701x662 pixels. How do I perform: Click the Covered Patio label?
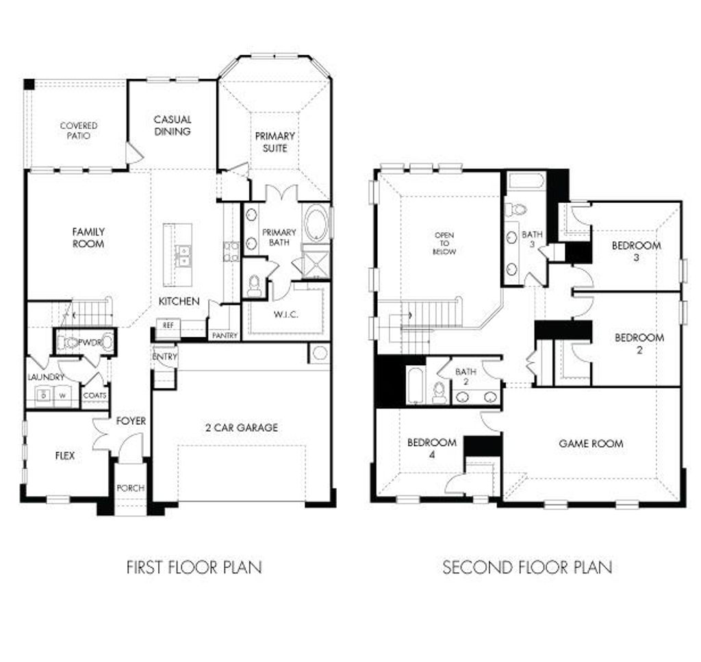pyautogui.click(x=79, y=130)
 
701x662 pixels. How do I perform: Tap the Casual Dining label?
pyautogui.click(x=173, y=125)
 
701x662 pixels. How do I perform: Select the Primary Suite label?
pyautogui.click(x=275, y=142)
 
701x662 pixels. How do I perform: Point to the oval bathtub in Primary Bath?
pyautogui.click(x=316, y=223)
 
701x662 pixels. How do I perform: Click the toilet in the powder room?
pyautogui.click(x=68, y=342)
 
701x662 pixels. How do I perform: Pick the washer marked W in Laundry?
pyautogui.click(x=60, y=395)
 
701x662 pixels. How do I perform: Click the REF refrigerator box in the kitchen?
pyautogui.click(x=167, y=326)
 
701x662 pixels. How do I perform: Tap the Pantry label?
pyautogui.click(x=224, y=336)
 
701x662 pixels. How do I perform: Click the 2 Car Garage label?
pyautogui.click(x=242, y=428)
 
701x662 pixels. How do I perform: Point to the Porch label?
pyautogui.click(x=130, y=488)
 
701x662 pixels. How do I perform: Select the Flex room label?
pyautogui.click(x=64, y=455)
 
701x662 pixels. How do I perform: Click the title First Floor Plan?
pyautogui.click(x=194, y=567)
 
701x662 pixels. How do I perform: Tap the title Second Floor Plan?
pyautogui.click(x=527, y=567)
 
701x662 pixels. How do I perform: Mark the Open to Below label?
pyautogui.click(x=444, y=243)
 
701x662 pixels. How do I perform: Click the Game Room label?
pyautogui.click(x=591, y=443)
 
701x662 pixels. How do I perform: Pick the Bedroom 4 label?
pyautogui.click(x=431, y=448)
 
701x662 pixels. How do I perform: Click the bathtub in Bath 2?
pyautogui.click(x=416, y=385)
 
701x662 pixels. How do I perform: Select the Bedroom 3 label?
pyautogui.click(x=636, y=251)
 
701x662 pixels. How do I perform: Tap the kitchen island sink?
pyautogui.click(x=183, y=255)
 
